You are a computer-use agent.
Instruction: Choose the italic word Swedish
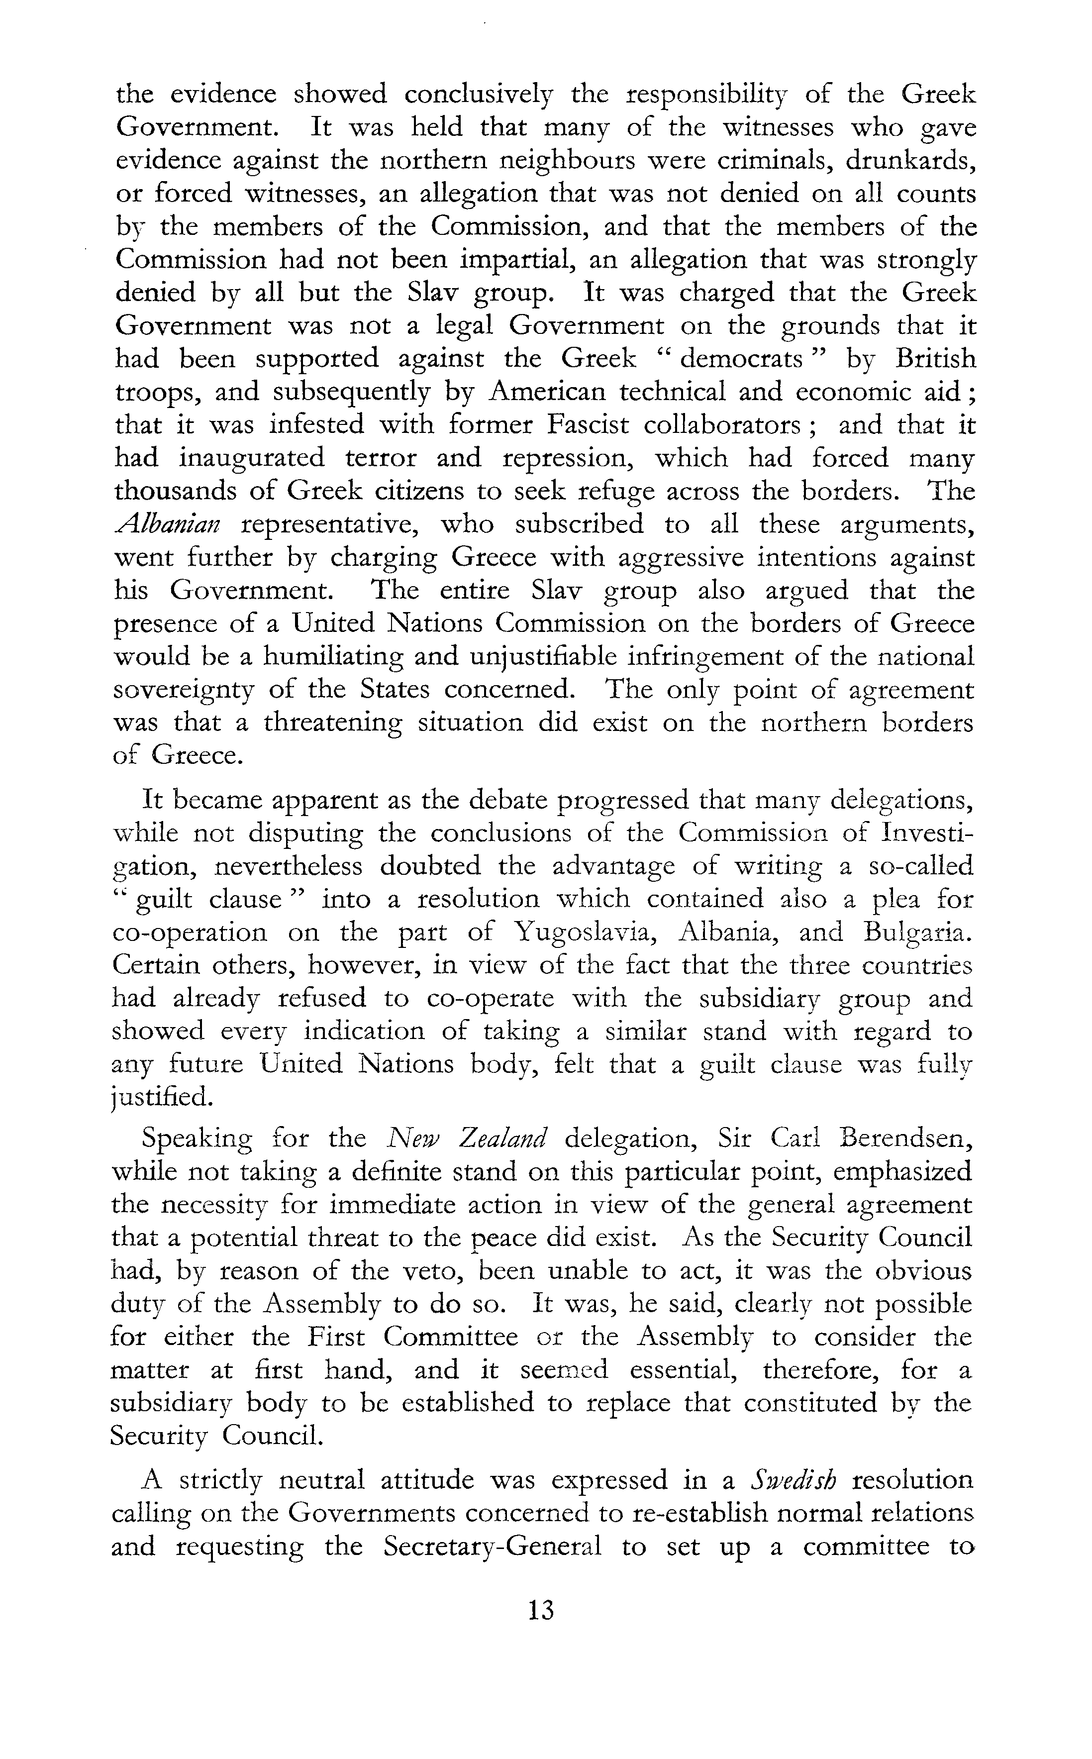click(x=792, y=1481)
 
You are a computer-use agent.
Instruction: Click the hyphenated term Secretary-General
click(x=493, y=1548)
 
